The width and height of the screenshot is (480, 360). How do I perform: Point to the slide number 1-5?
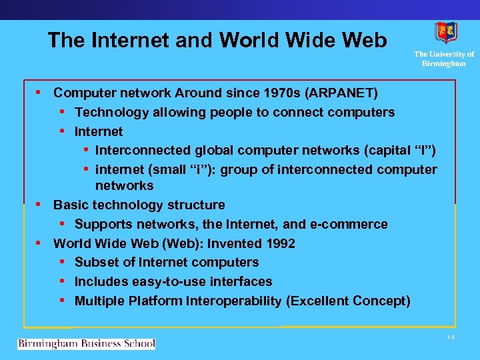point(451,338)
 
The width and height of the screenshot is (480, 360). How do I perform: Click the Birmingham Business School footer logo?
point(87,344)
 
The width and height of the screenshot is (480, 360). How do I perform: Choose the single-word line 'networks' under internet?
point(124,185)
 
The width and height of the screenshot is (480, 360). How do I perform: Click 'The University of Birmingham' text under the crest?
point(443,59)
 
